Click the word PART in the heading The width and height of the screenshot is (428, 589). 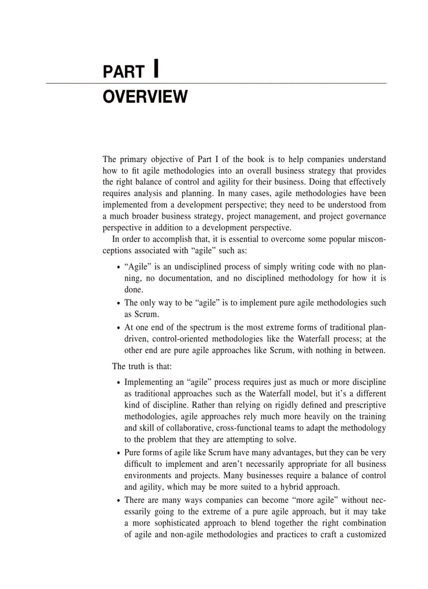click(123, 72)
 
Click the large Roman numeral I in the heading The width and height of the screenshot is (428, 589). click(156, 69)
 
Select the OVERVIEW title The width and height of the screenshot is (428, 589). click(145, 97)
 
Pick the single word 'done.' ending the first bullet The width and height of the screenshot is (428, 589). click(133, 290)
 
